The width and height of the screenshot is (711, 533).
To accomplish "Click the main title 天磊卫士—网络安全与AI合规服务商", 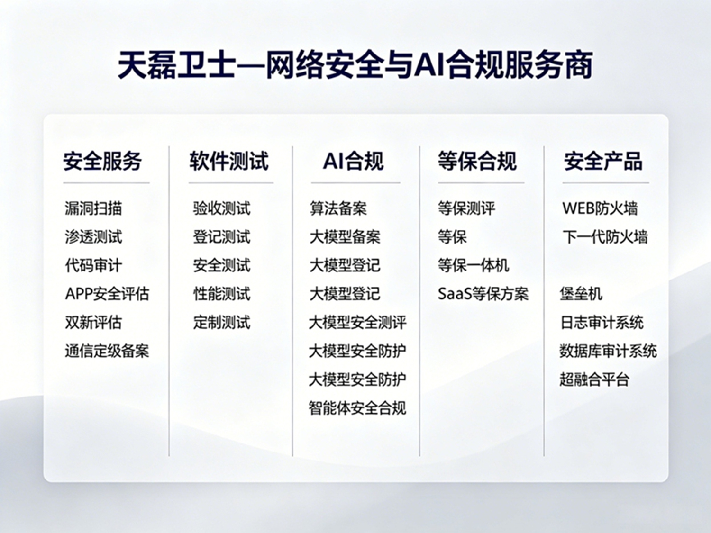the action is pos(355,65).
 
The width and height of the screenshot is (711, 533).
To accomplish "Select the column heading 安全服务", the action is pos(103,161).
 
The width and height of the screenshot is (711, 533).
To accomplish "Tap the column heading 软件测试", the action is pos(229,161).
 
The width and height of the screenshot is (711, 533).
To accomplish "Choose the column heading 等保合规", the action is pos(477,161).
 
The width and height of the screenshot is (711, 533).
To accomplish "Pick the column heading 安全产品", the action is pos(603,161).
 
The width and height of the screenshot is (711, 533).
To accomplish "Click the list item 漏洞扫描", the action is pos(93,208).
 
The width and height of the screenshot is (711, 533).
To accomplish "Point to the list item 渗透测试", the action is pos(93,237).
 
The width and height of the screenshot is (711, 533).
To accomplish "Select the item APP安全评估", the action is pos(107,294).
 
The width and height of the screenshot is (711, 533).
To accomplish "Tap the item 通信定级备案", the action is pos(107,351).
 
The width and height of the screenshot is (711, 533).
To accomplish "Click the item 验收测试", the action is pos(222,208).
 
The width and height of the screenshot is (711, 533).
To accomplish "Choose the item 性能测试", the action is pos(222,294).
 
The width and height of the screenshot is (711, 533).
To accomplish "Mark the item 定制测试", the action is pos(222,322).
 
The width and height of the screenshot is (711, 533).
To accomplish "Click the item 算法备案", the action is pos(338,208).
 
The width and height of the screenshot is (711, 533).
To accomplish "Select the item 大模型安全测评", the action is pos(357,322).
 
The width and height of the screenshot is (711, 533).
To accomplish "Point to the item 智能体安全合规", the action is pos(357,408).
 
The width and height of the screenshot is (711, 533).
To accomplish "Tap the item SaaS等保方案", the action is pos(483,294).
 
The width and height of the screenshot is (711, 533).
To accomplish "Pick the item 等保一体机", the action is pos(474,265).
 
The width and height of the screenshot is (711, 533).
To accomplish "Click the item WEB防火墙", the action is pos(600,208).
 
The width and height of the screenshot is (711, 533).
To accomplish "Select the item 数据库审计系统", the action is pos(608,351).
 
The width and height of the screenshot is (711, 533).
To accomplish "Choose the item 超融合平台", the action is pos(594,379).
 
